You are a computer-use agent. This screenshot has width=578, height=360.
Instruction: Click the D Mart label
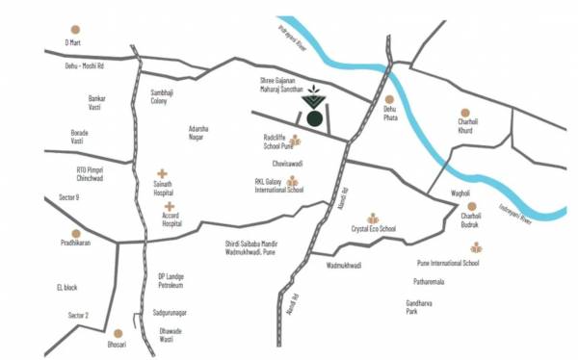73,43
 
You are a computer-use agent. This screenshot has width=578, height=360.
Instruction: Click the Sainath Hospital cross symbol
162,173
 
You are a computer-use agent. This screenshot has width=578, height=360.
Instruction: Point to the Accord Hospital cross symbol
170,206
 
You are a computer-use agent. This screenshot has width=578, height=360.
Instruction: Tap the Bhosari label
117,344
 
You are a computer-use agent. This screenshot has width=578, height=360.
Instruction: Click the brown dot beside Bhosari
118,333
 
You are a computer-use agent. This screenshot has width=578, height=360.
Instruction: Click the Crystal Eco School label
374,229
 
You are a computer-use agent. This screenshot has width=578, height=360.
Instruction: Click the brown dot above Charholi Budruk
472,206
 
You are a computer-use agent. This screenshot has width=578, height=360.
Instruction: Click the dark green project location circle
314,117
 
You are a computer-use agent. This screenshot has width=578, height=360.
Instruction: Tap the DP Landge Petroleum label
171,280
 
